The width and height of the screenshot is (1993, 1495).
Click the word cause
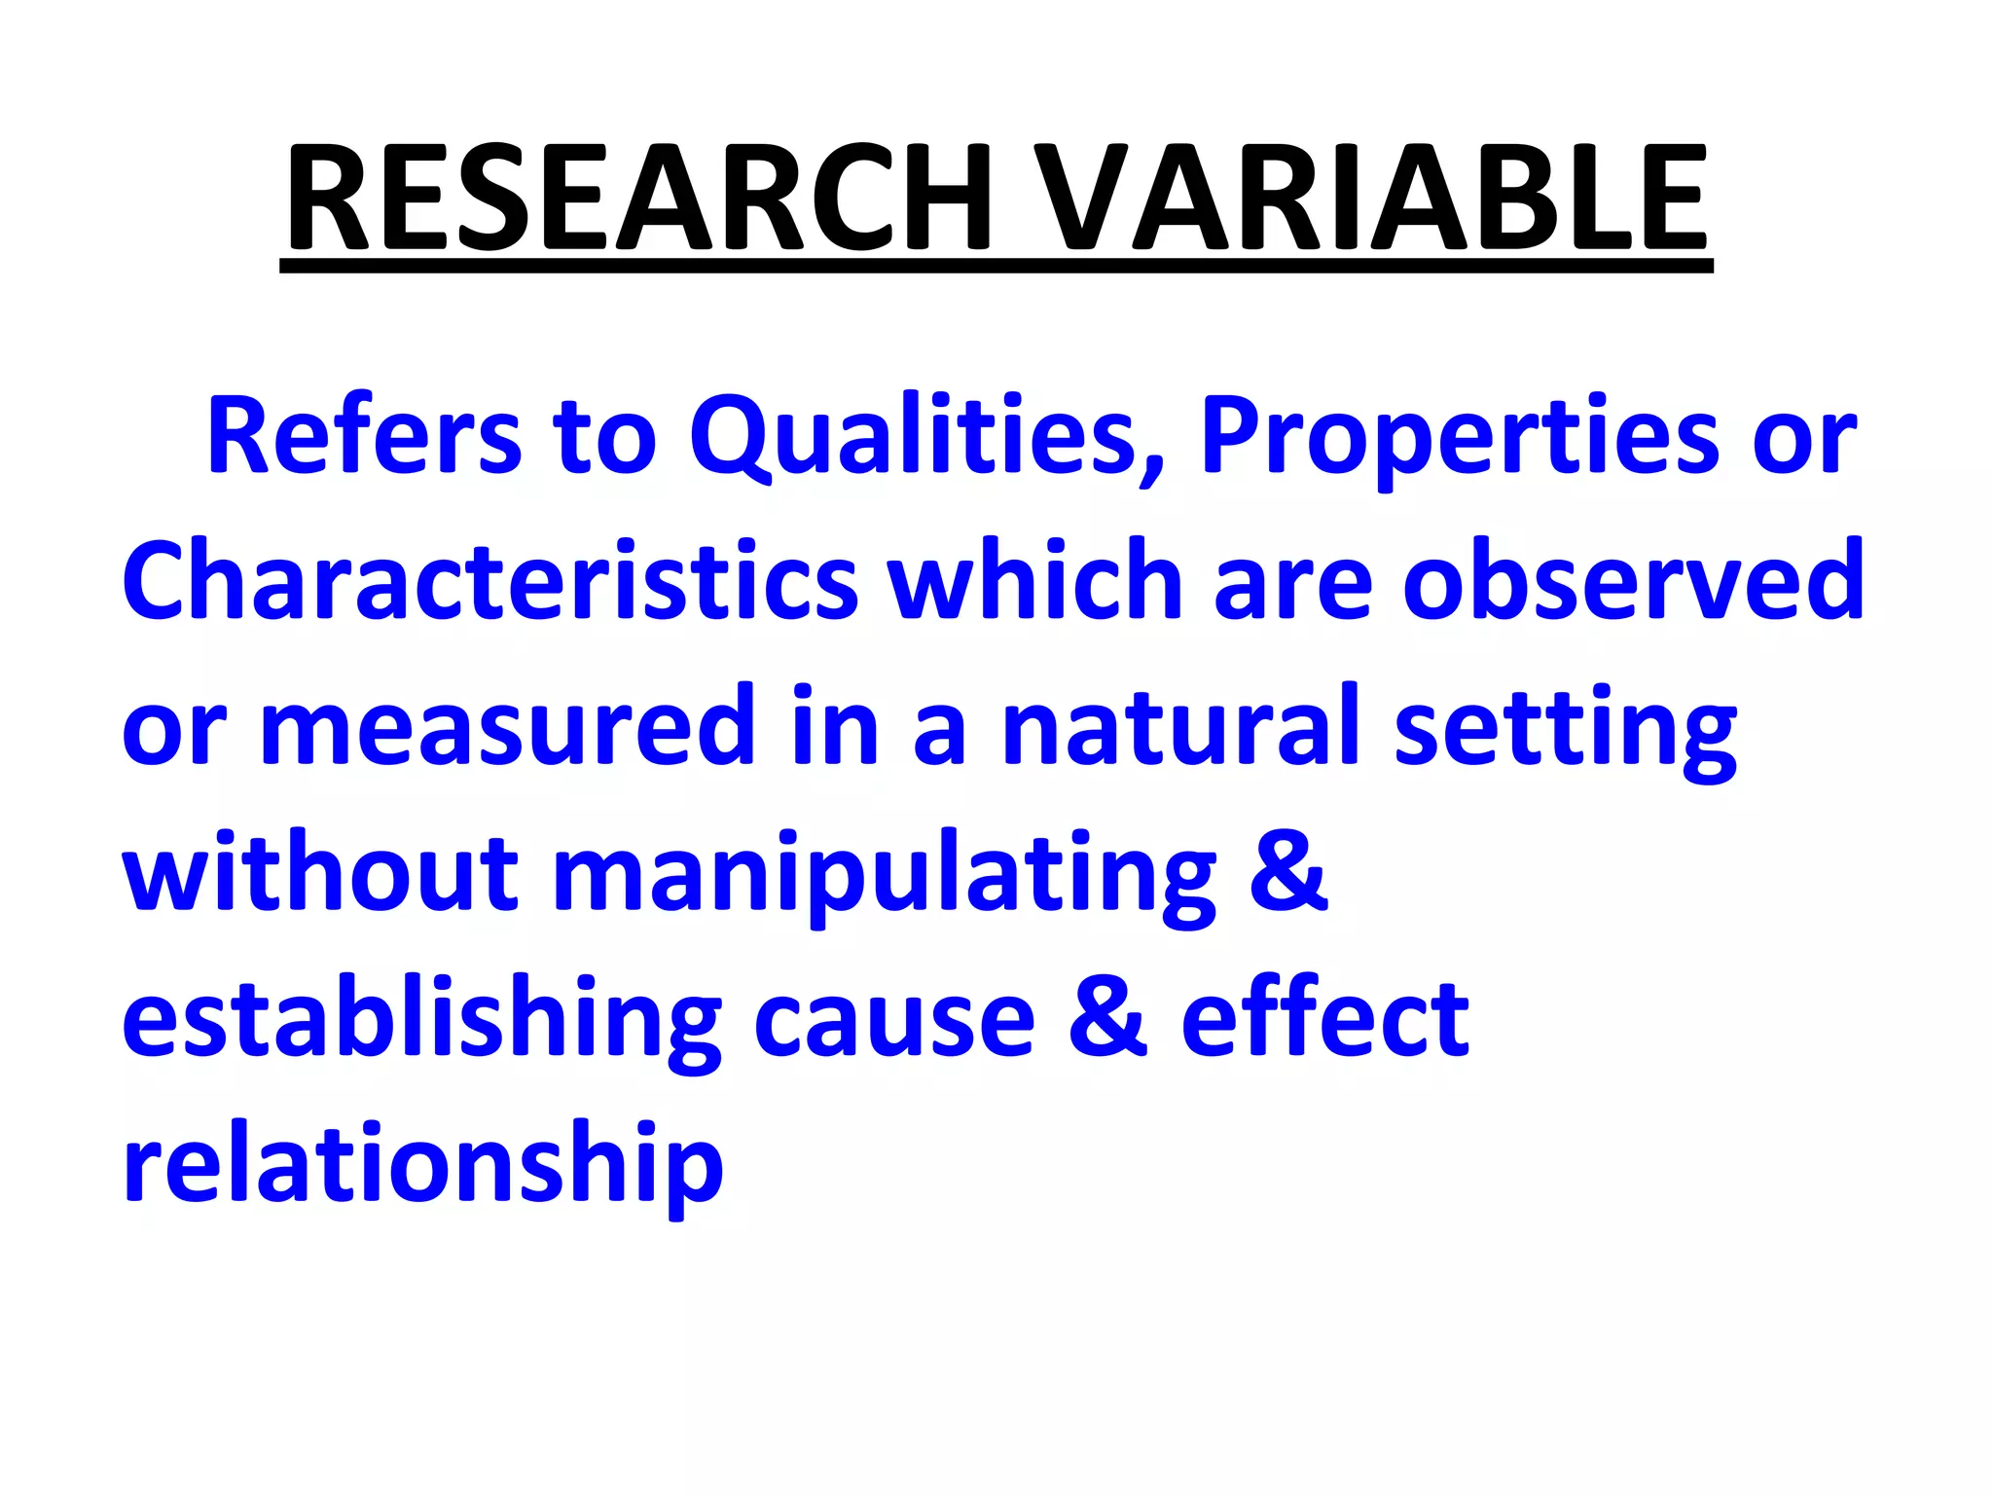click(894, 1020)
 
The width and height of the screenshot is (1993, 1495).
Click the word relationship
click(422, 1165)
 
